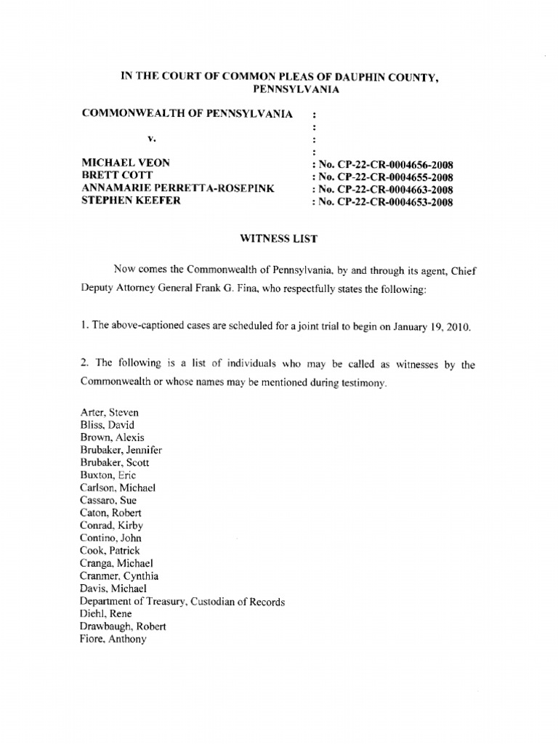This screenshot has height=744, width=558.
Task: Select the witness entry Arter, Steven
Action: pyautogui.click(x=110, y=412)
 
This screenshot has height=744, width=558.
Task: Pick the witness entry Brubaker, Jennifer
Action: pyautogui.click(x=121, y=450)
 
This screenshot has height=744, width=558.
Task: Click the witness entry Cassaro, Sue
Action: pyautogui.click(x=108, y=501)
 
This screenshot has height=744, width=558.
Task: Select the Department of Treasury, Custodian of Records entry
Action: pyautogui.click(x=182, y=602)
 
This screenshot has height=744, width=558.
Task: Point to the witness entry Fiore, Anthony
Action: pyautogui.click(x=113, y=639)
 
